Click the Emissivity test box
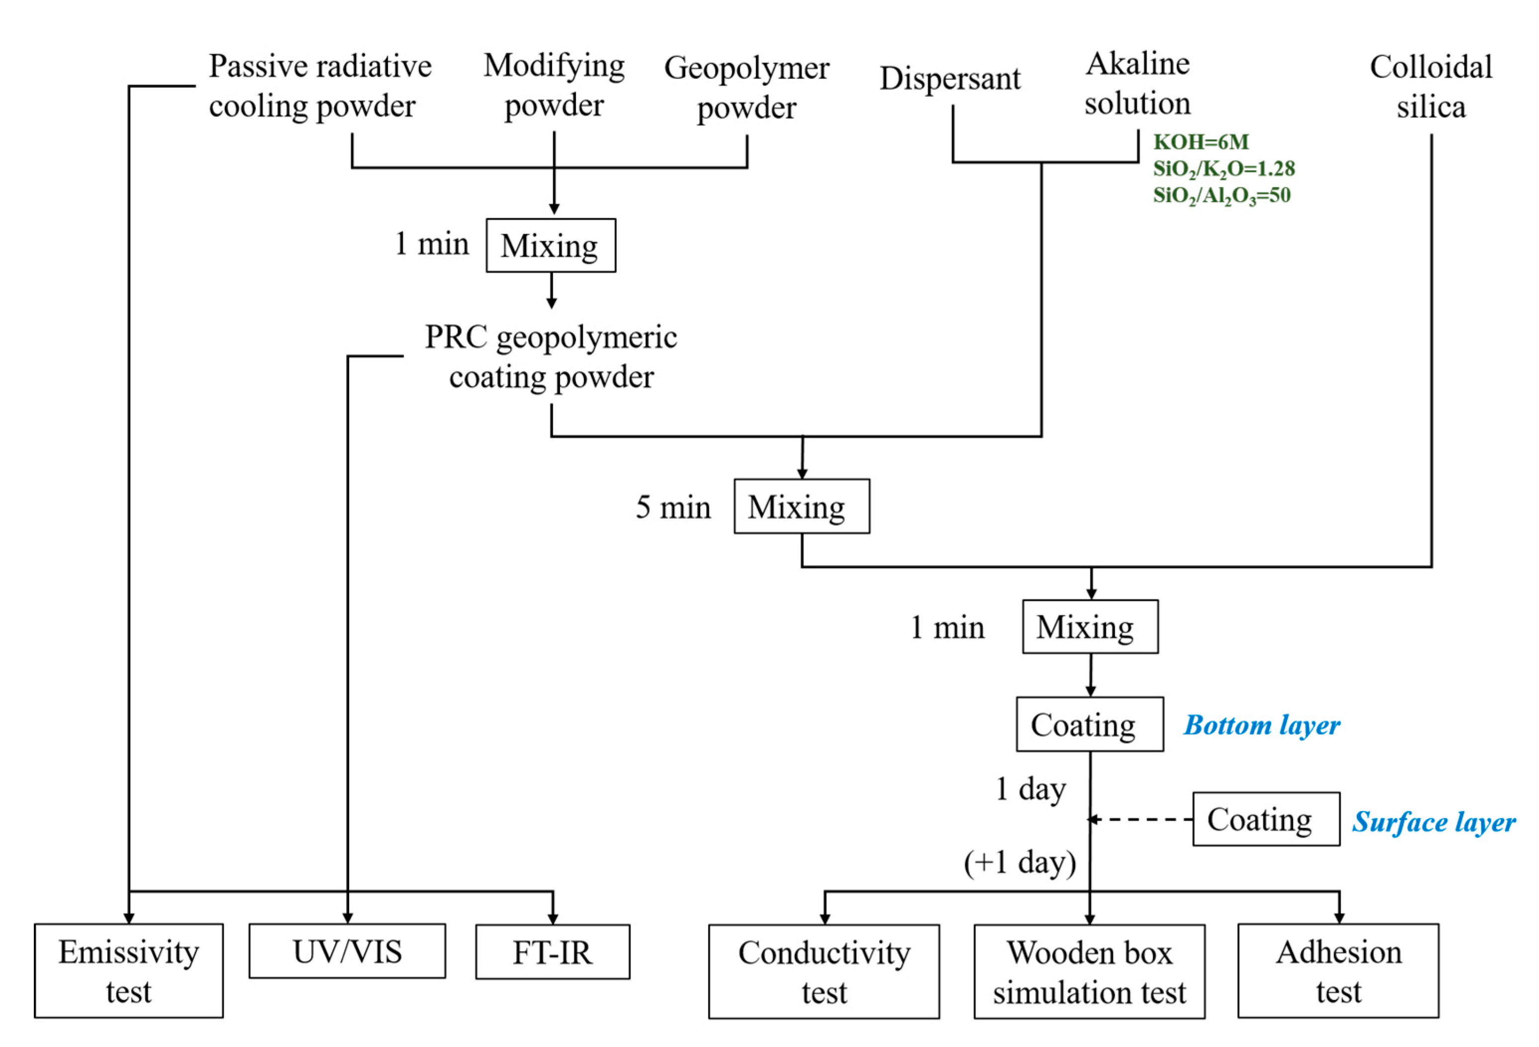click(x=128, y=970)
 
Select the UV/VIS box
click(x=347, y=951)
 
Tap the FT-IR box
click(x=552, y=952)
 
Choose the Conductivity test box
click(x=824, y=971)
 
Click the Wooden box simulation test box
click(x=1089, y=971)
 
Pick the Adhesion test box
click(x=1338, y=970)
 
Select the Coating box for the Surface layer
click(x=1266, y=819)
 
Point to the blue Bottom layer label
click(x=1262, y=725)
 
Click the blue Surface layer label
click(x=1434, y=822)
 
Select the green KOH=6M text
click(x=1200, y=142)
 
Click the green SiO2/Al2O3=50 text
click(x=1221, y=195)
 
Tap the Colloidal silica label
click(x=1431, y=87)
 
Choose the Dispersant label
click(x=950, y=79)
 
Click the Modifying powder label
click(x=553, y=86)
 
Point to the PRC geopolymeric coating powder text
click(x=551, y=357)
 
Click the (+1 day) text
click(x=1020, y=862)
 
